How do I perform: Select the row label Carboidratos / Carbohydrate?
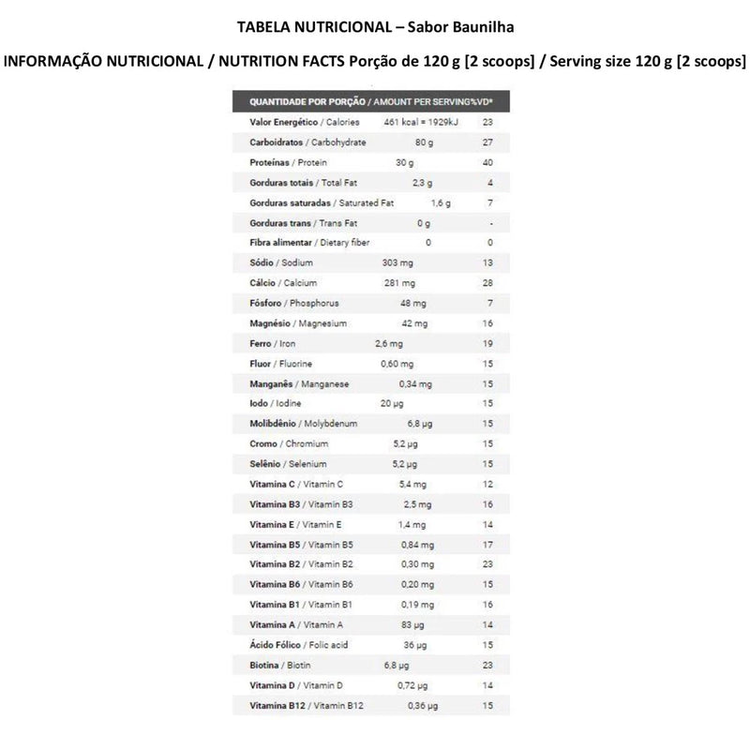(307, 142)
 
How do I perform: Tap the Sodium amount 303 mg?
(397, 263)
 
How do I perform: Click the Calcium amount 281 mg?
(395, 283)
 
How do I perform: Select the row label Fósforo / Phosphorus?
(294, 304)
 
